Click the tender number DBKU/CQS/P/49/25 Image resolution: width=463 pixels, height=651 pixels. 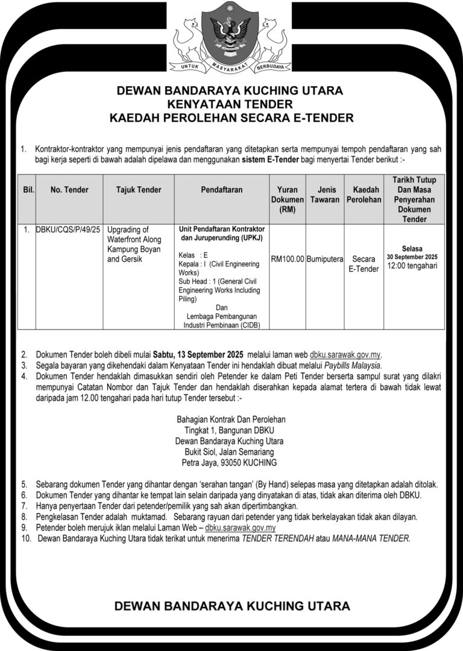tap(69, 230)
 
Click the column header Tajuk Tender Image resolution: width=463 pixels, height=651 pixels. tap(139, 190)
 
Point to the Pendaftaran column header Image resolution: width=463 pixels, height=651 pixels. tap(222, 190)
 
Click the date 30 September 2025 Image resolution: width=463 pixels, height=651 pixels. tap(412, 257)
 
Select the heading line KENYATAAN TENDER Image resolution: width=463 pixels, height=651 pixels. tap(231, 104)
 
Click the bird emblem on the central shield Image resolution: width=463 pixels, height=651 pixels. tap(230, 33)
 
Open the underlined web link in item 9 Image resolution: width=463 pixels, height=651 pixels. tap(241, 528)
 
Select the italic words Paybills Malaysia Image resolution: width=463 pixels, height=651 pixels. tap(353, 365)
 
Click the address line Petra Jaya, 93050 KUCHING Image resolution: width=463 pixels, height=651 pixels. tap(229, 463)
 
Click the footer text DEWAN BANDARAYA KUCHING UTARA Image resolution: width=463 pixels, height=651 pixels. tap(232, 605)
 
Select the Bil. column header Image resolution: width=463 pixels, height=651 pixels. tap(27, 190)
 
